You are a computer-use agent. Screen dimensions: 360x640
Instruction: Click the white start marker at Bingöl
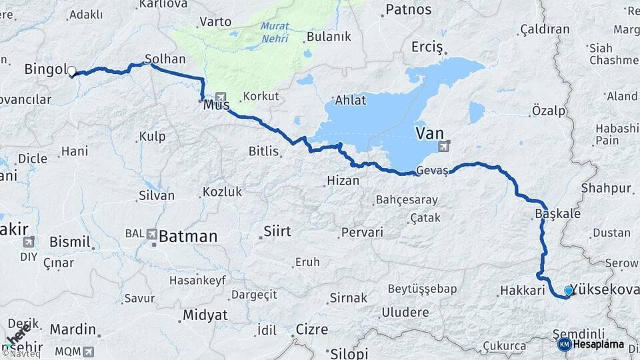tap(71, 71)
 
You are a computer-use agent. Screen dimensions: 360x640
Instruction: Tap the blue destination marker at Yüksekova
tap(568, 291)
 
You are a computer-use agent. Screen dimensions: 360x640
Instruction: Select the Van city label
tap(429, 133)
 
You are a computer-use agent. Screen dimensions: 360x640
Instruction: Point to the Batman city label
tap(188, 236)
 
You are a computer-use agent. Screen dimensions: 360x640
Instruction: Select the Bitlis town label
tap(263, 151)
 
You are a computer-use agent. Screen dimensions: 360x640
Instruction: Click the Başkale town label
tap(557, 215)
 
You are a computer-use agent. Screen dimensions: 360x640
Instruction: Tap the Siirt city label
tap(277, 232)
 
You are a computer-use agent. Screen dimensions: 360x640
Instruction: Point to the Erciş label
tap(427, 47)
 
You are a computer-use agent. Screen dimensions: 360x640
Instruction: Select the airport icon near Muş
tap(221, 97)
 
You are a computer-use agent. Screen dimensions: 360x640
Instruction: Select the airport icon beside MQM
tap(88, 351)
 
